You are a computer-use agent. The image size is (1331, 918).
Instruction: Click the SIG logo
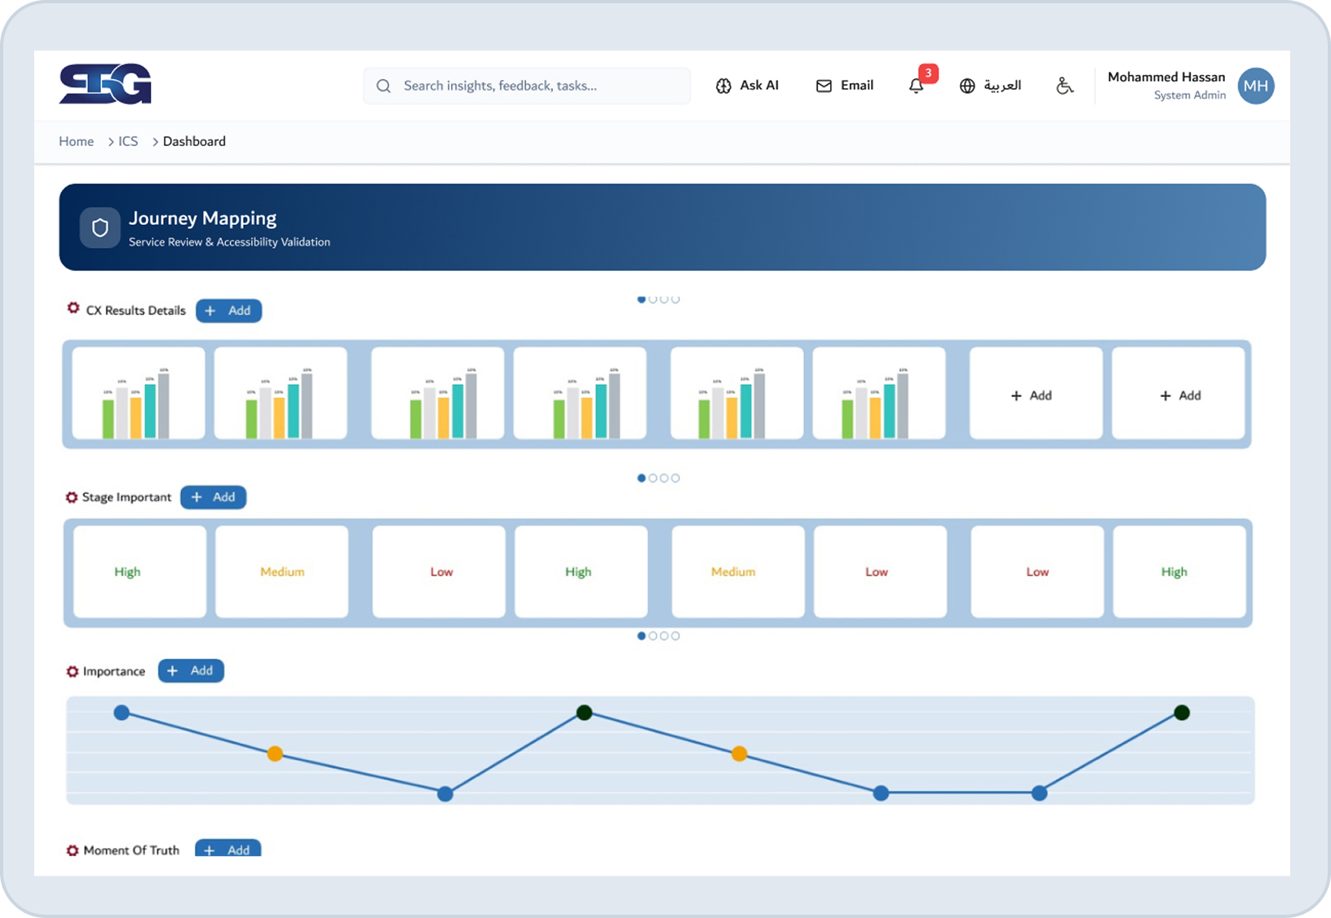[x=105, y=84]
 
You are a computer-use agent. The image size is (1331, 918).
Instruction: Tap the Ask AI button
[x=747, y=86]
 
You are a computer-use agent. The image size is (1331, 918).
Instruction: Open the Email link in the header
[x=845, y=86]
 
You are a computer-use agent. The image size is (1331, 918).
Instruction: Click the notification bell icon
[x=917, y=86]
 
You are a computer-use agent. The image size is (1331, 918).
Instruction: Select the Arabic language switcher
[x=990, y=86]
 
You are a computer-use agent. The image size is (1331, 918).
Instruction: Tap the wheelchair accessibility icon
[x=1064, y=86]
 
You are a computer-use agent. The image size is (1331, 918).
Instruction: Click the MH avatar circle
[x=1256, y=86]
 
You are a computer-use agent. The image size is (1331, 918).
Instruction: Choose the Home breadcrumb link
[x=76, y=141]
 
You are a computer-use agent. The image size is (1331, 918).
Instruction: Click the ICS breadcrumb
[x=128, y=141]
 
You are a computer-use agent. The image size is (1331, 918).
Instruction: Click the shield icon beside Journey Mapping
[x=100, y=227]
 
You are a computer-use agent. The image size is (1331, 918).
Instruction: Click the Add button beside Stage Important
[x=213, y=497]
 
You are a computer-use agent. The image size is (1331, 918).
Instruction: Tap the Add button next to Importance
[x=191, y=671]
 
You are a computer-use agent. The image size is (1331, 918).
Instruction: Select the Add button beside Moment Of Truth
[x=228, y=849]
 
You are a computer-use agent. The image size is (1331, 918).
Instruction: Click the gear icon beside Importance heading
[x=73, y=672]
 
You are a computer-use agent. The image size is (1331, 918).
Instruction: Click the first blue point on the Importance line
[x=122, y=713]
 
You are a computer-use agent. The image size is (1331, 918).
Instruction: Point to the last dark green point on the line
[x=1182, y=713]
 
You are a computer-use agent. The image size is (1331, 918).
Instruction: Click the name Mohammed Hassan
[x=1166, y=77]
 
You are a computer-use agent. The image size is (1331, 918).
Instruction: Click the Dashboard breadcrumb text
[x=194, y=141]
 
